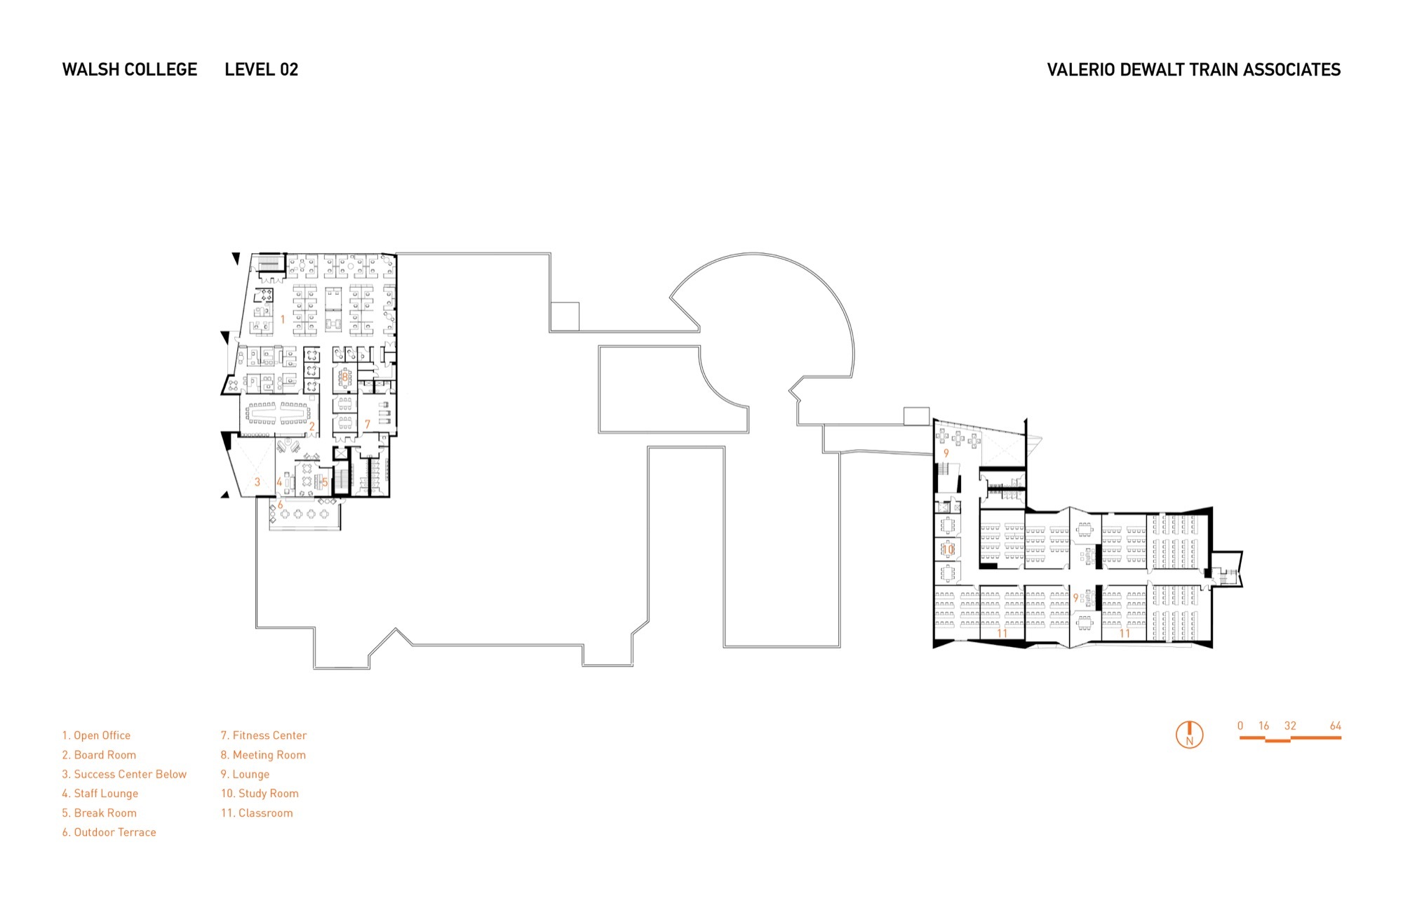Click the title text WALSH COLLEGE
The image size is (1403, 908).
click(x=130, y=69)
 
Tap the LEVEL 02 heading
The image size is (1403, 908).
click(x=262, y=69)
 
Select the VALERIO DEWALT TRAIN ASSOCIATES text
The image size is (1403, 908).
click(x=1193, y=69)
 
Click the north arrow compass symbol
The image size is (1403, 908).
click(x=1189, y=735)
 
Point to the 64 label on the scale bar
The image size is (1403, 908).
click(x=1336, y=726)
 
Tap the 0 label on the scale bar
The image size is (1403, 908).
click(x=1240, y=726)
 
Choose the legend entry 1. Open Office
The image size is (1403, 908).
click(x=96, y=735)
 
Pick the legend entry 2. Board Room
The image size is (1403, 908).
click(x=99, y=755)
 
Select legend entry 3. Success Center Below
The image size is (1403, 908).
click(x=124, y=774)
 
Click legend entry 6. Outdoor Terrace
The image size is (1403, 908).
click(x=109, y=832)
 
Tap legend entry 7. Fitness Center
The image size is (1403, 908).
click(x=264, y=735)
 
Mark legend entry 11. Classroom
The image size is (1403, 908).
click(x=257, y=813)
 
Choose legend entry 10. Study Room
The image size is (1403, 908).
click(x=260, y=794)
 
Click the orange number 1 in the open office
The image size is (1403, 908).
click(x=283, y=319)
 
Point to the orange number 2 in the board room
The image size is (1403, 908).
click(x=312, y=426)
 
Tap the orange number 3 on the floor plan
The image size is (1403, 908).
click(x=257, y=482)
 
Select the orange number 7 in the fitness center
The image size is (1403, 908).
click(x=367, y=425)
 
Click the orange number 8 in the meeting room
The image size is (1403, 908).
click(x=344, y=377)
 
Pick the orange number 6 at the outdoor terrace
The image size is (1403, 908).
click(x=280, y=505)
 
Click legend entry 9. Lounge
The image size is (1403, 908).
click(x=245, y=774)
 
